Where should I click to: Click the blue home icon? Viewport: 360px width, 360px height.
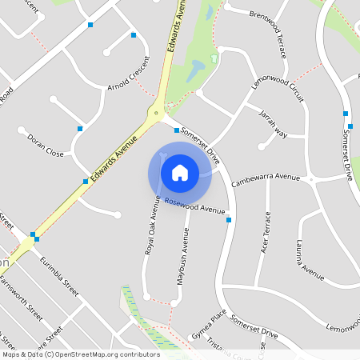click(x=180, y=172)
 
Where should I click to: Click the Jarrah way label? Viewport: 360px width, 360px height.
click(x=273, y=125)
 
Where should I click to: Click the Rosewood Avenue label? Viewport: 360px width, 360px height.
click(x=195, y=206)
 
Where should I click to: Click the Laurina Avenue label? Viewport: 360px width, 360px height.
click(x=310, y=259)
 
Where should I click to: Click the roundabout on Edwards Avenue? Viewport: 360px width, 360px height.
click(x=155, y=114)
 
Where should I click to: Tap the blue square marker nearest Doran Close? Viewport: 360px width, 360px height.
click(x=80, y=128)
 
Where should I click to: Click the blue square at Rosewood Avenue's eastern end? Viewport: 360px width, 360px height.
click(x=229, y=219)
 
